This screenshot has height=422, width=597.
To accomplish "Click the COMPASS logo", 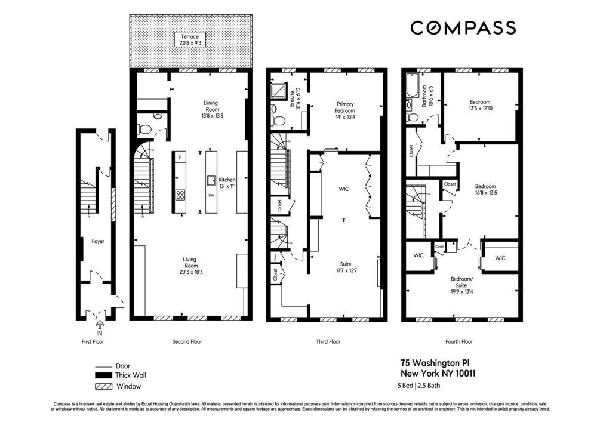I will pyautogui.click(x=463, y=27).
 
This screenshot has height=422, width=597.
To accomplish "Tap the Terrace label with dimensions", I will pyautogui.click(x=189, y=39).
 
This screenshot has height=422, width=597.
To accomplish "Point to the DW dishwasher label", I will pyautogui.click(x=211, y=195).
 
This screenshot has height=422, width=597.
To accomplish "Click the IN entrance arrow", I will pyautogui.click(x=100, y=325).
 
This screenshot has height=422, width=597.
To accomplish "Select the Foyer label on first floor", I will pyautogui.click(x=98, y=242).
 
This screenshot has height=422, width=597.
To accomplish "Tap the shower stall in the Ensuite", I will pyautogui.click(x=278, y=91).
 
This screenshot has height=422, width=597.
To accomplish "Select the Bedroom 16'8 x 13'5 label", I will pyautogui.click(x=485, y=189).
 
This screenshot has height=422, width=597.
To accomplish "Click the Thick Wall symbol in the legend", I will pyautogui.click(x=103, y=376).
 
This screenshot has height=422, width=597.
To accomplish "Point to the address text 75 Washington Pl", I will pyautogui.click(x=437, y=363).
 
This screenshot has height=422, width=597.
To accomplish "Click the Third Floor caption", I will pyautogui.click(x=328, y=342).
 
